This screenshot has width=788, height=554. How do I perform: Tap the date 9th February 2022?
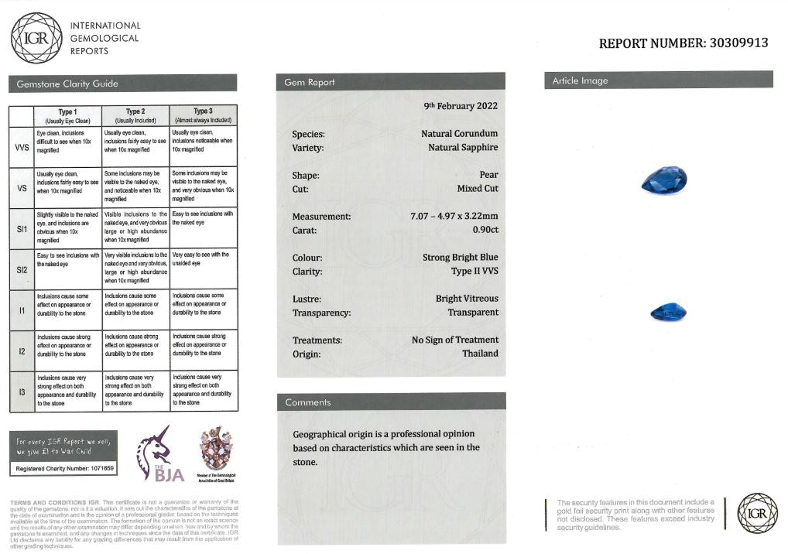pos(461,105)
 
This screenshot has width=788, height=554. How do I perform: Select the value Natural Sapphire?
pos(463,147)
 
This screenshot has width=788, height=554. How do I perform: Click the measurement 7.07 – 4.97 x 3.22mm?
pos(454,216)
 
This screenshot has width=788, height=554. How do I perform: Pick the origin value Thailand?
pos(480,354)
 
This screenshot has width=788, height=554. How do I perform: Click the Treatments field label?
pos(317,340)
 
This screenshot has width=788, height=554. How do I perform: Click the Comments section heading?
pos(307,402)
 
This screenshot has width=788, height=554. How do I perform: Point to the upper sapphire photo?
pos(664,181)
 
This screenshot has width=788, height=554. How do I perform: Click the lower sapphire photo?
pos(668,312)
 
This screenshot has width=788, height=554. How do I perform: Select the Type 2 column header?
pos(135,115)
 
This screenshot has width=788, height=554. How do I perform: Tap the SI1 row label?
pos(21,229)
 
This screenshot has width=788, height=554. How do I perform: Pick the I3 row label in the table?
pos(21,392)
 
